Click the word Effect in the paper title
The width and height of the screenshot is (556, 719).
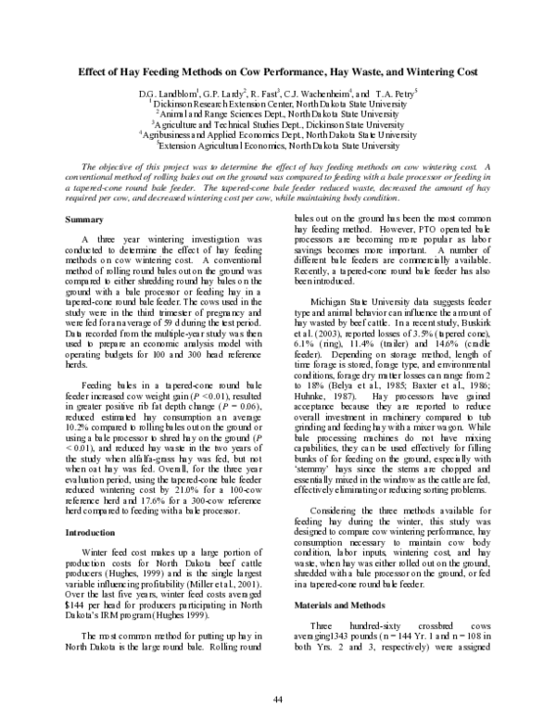point(94,70)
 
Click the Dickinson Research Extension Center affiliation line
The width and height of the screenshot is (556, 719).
point(279,104)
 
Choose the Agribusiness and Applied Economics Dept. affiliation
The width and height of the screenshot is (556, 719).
point(279,134)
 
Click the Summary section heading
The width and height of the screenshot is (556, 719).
point(84,219)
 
